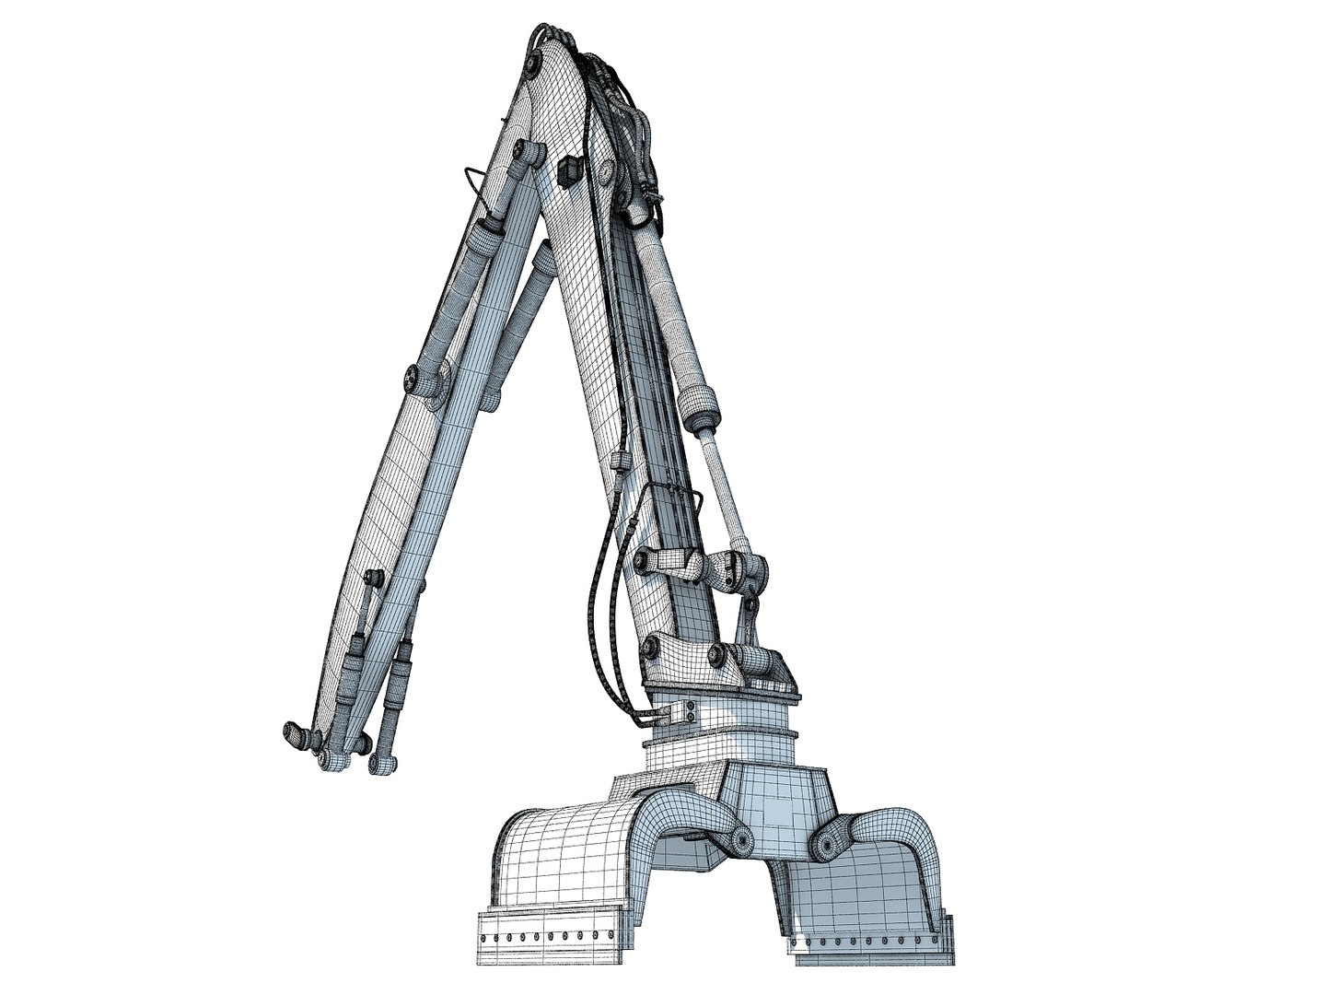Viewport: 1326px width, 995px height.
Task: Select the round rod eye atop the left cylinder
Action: click(528, 153)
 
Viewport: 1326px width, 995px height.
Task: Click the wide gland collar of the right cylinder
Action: click(698, 403)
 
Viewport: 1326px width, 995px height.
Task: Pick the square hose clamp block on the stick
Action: click(619, 458)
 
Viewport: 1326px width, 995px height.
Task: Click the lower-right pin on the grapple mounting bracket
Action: click(715, 655)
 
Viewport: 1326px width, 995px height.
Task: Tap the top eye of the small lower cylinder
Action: click(373, 578)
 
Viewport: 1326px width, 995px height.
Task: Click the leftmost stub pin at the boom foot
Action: click(294, 733)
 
